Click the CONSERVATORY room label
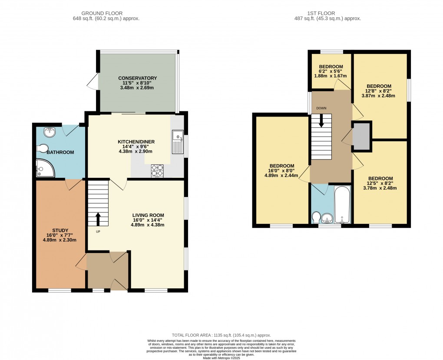[x=137, y=78]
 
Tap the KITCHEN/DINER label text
[x=137, y=142]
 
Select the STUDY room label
[x=60, y=230]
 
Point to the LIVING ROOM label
[x=149, y=215]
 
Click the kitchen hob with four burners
[x=157, y=170]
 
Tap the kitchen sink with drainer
[x=178, y=142]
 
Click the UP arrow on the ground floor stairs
[x=98, y=218]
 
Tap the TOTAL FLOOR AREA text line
[x=221, y=335]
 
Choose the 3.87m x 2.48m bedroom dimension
[x=379, y=96]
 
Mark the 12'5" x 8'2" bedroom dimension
[x=380, y=183]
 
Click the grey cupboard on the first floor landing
[x=361, y=136]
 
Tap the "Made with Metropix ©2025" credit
[x=221, y=357]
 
